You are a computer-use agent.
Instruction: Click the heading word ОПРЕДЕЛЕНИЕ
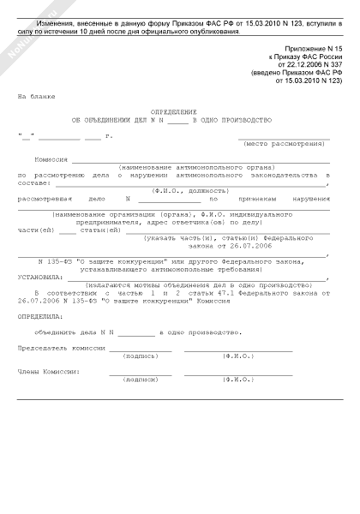(178, 111)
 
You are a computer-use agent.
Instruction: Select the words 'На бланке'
(33, 99)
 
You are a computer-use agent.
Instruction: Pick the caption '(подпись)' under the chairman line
(141, 356)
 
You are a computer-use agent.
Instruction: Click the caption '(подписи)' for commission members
(141, 378)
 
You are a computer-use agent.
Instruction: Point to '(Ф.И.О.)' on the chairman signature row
(237, 356)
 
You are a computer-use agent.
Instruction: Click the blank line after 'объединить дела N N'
(136, 332)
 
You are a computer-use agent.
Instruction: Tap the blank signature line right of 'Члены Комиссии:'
(141, 372)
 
